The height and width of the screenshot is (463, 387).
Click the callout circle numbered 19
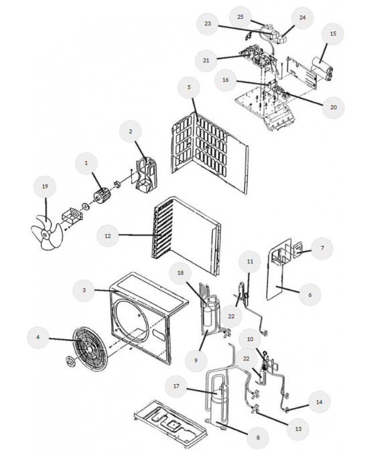tap(45, 187)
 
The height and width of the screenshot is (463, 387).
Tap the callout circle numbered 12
tap(108, 236)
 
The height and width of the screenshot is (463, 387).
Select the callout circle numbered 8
tap(258, 438)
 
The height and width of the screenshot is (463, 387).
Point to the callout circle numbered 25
tap(240, 17)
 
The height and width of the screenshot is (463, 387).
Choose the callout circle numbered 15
tap(333, 34)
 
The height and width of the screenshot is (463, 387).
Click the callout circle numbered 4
tap(37, 337)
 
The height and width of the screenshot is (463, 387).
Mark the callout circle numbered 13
tap(298, 429)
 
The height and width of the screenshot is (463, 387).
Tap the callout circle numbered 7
tap(322, 248)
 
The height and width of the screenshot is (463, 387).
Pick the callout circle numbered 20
tap(333, 107)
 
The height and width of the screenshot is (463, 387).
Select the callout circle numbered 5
tap(189, 87)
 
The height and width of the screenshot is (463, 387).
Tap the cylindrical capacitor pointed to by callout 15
tap(323, 68)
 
